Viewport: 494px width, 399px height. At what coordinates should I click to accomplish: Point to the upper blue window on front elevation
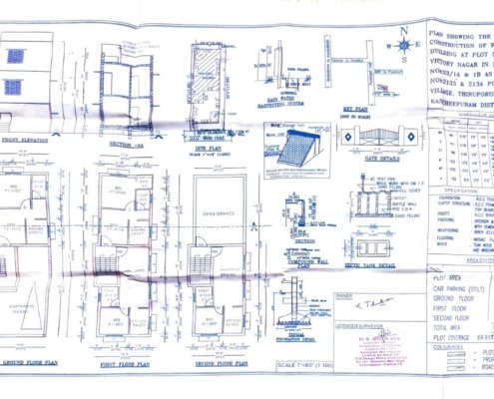tap(14, 57)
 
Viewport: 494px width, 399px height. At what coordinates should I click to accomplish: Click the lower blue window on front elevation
tap(13, 87)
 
